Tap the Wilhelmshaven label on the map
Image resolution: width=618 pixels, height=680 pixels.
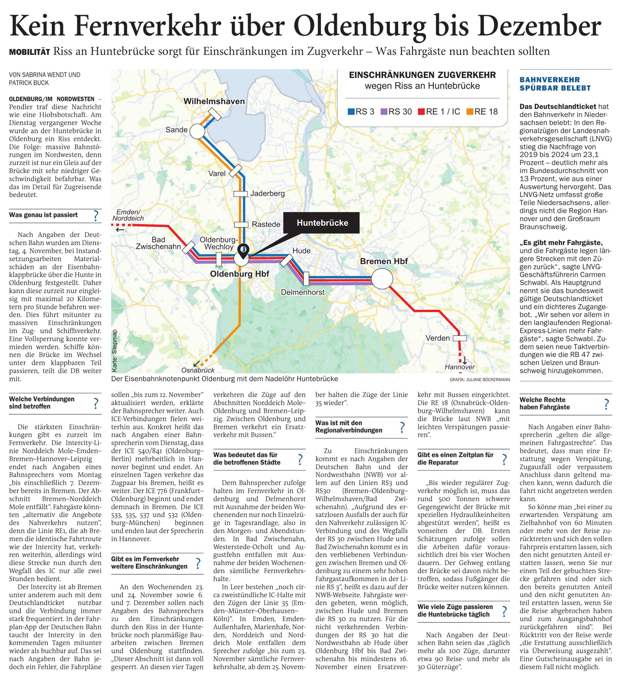214,101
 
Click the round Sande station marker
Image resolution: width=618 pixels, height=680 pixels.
197,131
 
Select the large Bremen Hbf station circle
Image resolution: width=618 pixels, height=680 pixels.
382,279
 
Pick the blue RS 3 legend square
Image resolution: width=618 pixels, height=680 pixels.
351,112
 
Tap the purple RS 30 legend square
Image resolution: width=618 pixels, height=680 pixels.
384,112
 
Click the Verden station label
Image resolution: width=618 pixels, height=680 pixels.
437,338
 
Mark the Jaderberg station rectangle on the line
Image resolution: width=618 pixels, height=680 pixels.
241,194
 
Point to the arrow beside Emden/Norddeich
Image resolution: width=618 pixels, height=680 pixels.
120,230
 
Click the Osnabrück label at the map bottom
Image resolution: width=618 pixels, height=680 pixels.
198,370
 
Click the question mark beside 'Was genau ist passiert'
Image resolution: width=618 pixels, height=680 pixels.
96,215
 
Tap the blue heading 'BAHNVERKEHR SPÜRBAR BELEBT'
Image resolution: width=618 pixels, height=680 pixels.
555,84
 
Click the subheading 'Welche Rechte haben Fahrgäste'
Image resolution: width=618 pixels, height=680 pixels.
544,403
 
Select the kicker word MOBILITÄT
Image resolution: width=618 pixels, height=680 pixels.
29,52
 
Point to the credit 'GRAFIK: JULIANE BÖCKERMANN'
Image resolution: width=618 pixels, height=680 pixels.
480,380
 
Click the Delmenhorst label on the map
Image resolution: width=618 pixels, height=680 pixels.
302,292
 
